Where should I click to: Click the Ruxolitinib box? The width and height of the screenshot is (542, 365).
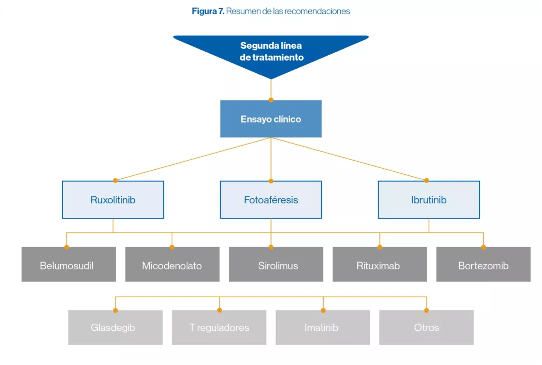[113, 200]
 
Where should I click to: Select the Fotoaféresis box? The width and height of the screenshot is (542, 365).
[271, 200]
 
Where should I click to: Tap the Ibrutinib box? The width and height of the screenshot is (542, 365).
[429, 200]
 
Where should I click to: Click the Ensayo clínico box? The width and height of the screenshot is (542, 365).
[271, 119]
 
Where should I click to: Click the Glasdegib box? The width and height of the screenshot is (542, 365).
[115, 327]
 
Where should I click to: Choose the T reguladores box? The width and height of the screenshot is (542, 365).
[219, 327]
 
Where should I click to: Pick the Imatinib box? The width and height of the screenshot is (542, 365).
[323, 327]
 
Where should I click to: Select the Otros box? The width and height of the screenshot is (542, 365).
[426, 327]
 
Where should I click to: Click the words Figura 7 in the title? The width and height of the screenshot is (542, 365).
[208, 11]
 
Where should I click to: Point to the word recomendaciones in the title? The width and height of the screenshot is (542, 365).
[317, 11]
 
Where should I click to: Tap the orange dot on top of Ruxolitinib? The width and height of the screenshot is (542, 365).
[115, 180]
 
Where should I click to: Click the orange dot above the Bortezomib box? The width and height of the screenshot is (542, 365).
[483, 247]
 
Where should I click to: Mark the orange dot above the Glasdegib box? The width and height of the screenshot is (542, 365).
[115, 310]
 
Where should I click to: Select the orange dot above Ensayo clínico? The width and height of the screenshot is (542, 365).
[271, 100]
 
